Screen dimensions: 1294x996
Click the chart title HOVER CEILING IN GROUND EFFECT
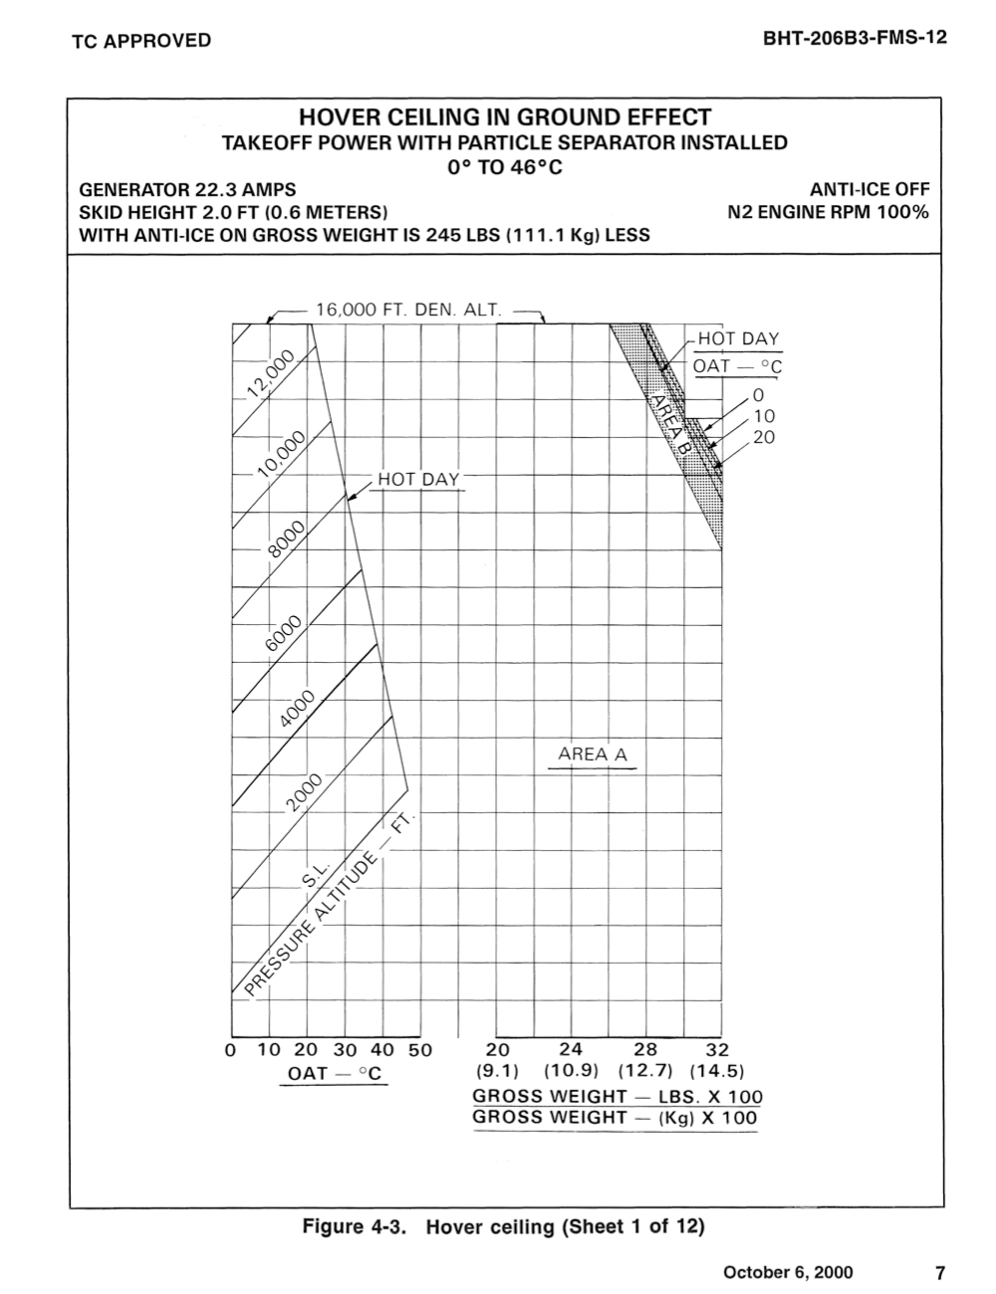pyautogui.click(x=504, y=117)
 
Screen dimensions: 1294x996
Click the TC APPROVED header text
pyautogui.click(x=141, y=40)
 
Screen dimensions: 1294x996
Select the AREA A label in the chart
pyautogui.click(x=593, y=755)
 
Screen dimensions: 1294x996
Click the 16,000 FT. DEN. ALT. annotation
pyautogui.click(x=408, y=310)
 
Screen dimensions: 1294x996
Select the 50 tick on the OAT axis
pyautogui.click(x=419, y=1050)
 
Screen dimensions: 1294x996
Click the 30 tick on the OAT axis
pyautogui.click(x=345, y=1050)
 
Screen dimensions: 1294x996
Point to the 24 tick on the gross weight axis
pyautogui.click(x=571, y=1049)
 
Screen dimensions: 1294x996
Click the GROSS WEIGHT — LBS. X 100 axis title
pyautogui.click(x=618, y=1096)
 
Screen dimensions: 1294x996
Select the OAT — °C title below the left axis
pyautogui.click(x=335, y=1074)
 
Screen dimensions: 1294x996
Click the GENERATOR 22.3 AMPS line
pyautogui.click(x=187, y=189)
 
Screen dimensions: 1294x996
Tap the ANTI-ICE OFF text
pyautogui.click(x=870, y=189)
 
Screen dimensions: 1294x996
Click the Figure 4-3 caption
pyautogui.click(x=503, y=1226)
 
